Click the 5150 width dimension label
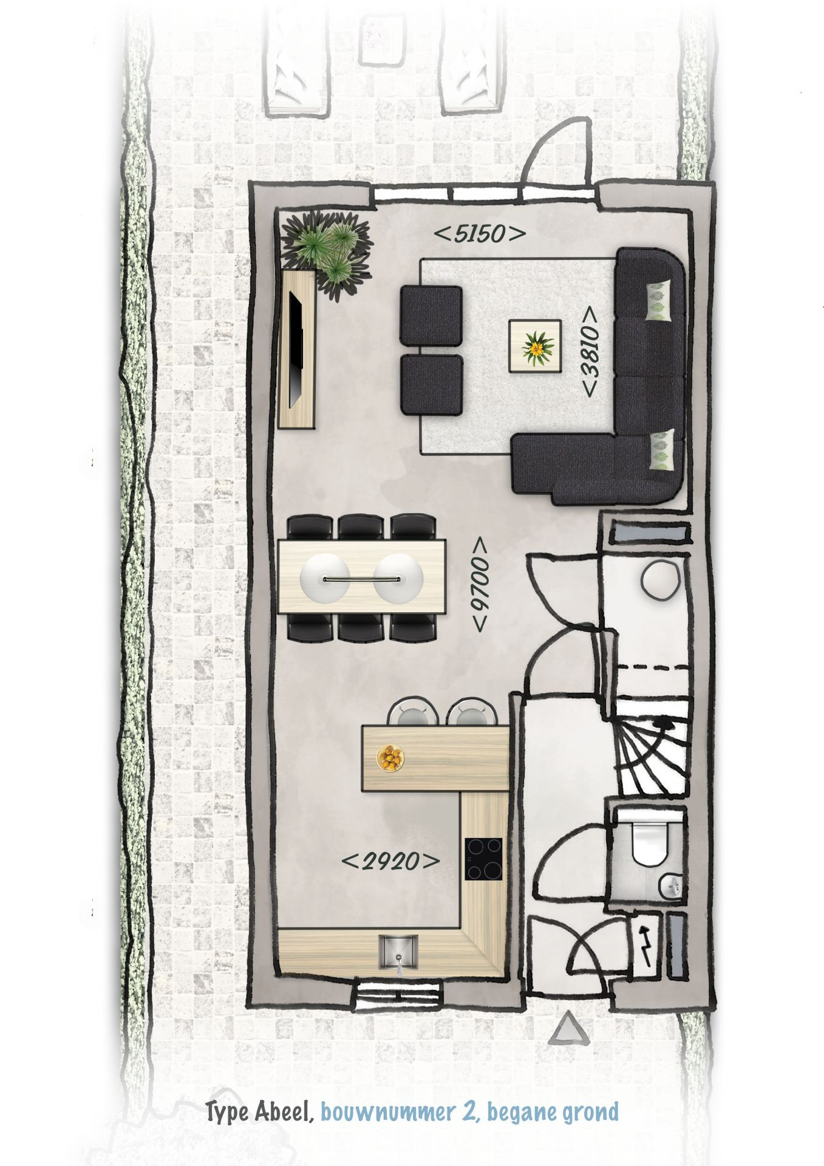click(x=480, y=234)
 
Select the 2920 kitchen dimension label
click(x=390, y=861)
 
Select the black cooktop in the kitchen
click(x=484, y=858)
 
